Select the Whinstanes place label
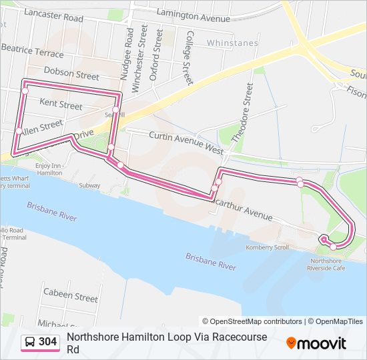pyautogui.click(x=232, y=43)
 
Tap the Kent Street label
pyautogui.click(x=61, y=104)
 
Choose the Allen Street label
pyautogui.click(x=41, y=125)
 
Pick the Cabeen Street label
pyautogui.click(x=70, y=293)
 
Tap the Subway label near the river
pyautogui.click(x=89, y=185)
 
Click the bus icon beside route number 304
pyautogui.click(x=30, y=342)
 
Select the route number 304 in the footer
pyautogui.click(x=47, y=342)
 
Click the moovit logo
pyautogui.click(x=316, y=343)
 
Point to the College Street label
pyautogui.click(x=189, y=58)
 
